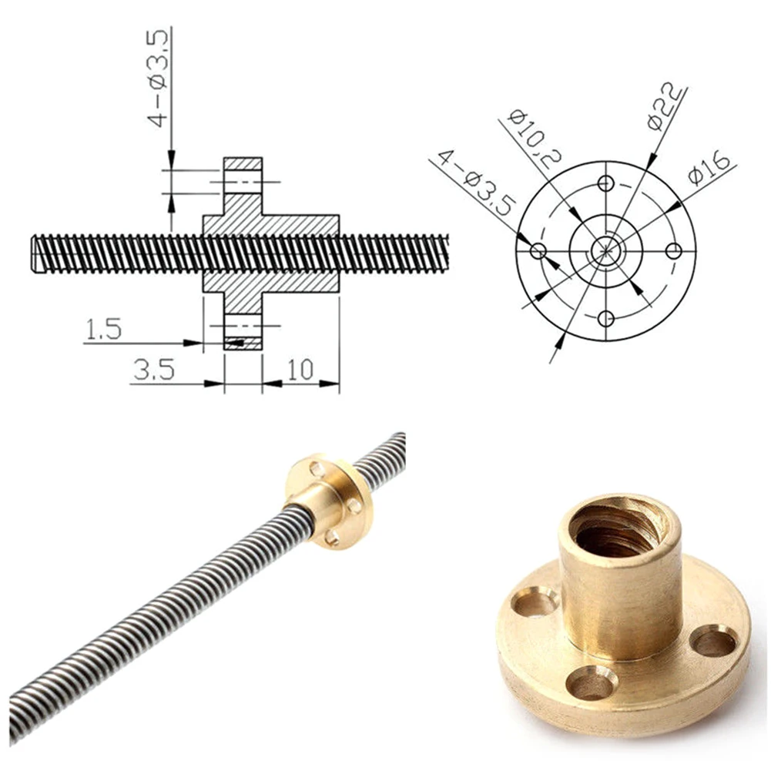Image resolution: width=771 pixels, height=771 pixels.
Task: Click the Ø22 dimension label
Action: click(665, 107)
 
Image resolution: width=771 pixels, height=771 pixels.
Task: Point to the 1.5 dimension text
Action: click(103, 329)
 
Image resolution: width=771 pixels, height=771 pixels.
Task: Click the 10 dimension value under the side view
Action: click(300, 370)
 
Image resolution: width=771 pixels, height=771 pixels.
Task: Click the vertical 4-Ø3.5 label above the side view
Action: click(159, 78)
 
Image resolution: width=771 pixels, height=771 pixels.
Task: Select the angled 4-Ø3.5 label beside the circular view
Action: click(476, 183)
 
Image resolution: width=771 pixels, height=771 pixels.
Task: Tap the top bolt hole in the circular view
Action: click(605, 183)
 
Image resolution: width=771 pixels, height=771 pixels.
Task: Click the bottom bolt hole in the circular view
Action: click(605, 319)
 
